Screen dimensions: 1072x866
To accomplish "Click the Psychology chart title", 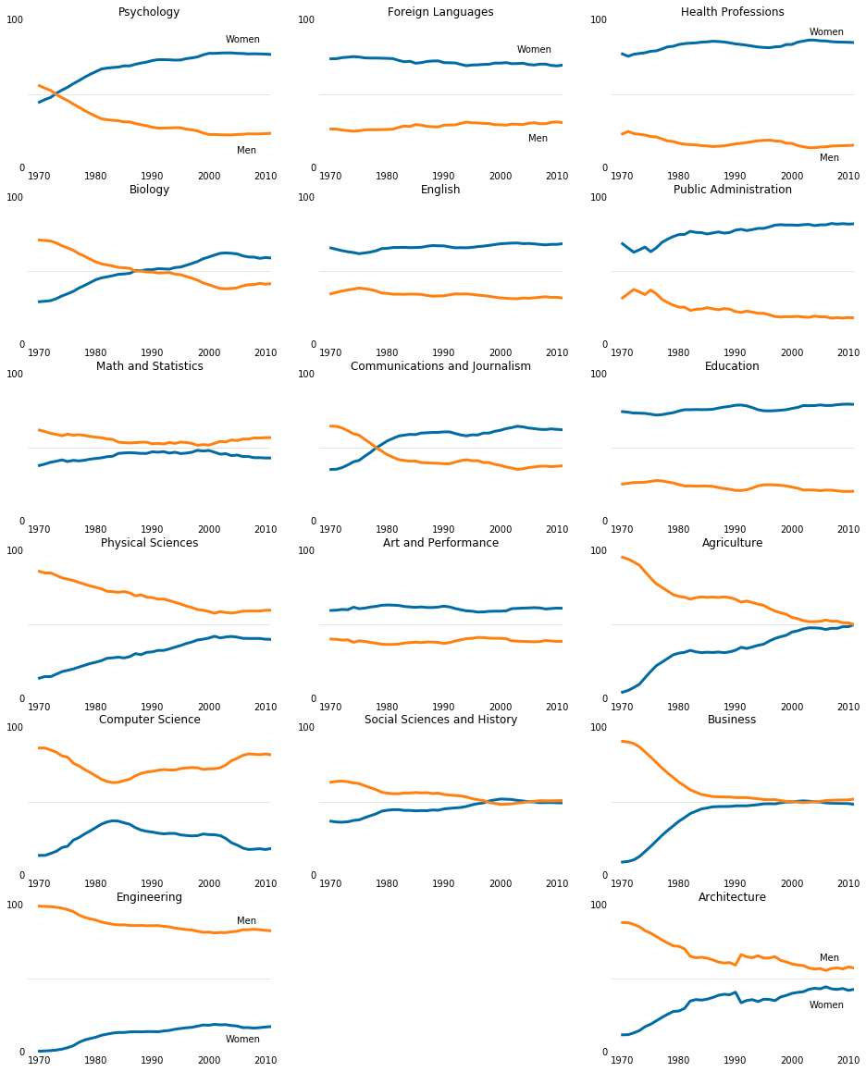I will pyautogui.click(x=149, y=13).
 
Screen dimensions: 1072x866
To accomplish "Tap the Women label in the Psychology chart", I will pyautogui.click(x=242, y=40).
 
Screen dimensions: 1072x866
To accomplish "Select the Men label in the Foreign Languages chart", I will pyautogui.click(x=538, y=139).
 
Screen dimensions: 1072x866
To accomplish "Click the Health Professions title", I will pyautogui.click(x=732, y=13).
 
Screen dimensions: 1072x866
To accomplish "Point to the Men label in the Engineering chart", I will pyautogui.click(x=246, y=921).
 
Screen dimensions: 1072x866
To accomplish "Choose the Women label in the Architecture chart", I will pyautogui.click(x=826, y=1005).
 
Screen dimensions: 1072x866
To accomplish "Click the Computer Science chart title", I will pyautogui.click(x=149, y=721).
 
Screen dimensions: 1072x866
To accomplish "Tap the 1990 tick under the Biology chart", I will pyautogui.click(x=152, y=352).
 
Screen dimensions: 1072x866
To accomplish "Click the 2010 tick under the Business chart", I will pyautogui.click(x=847, y=883).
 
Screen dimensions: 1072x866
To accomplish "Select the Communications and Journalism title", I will pyautogui.click(x=440, y=367).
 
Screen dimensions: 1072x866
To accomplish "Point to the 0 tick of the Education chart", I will pyautogui.click(x=605, y=521).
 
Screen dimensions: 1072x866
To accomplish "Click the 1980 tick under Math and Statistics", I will pyautogui.click(x=95, y=529).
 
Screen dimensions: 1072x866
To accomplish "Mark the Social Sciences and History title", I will pyautogui.click(x=440, y=721).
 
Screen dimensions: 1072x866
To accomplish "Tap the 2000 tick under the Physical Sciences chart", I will pyautogui.click(x=209, y=707).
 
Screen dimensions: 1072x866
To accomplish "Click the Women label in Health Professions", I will pyautogui.click(x=826, y=32).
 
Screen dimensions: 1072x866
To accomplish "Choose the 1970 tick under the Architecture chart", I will pyautogui.click(x=622, y=1060).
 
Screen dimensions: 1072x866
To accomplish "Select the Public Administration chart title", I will pyautogui.click(x=732, y=191).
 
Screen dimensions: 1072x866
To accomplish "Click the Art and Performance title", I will pyautogui.click(x=440, y=544).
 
